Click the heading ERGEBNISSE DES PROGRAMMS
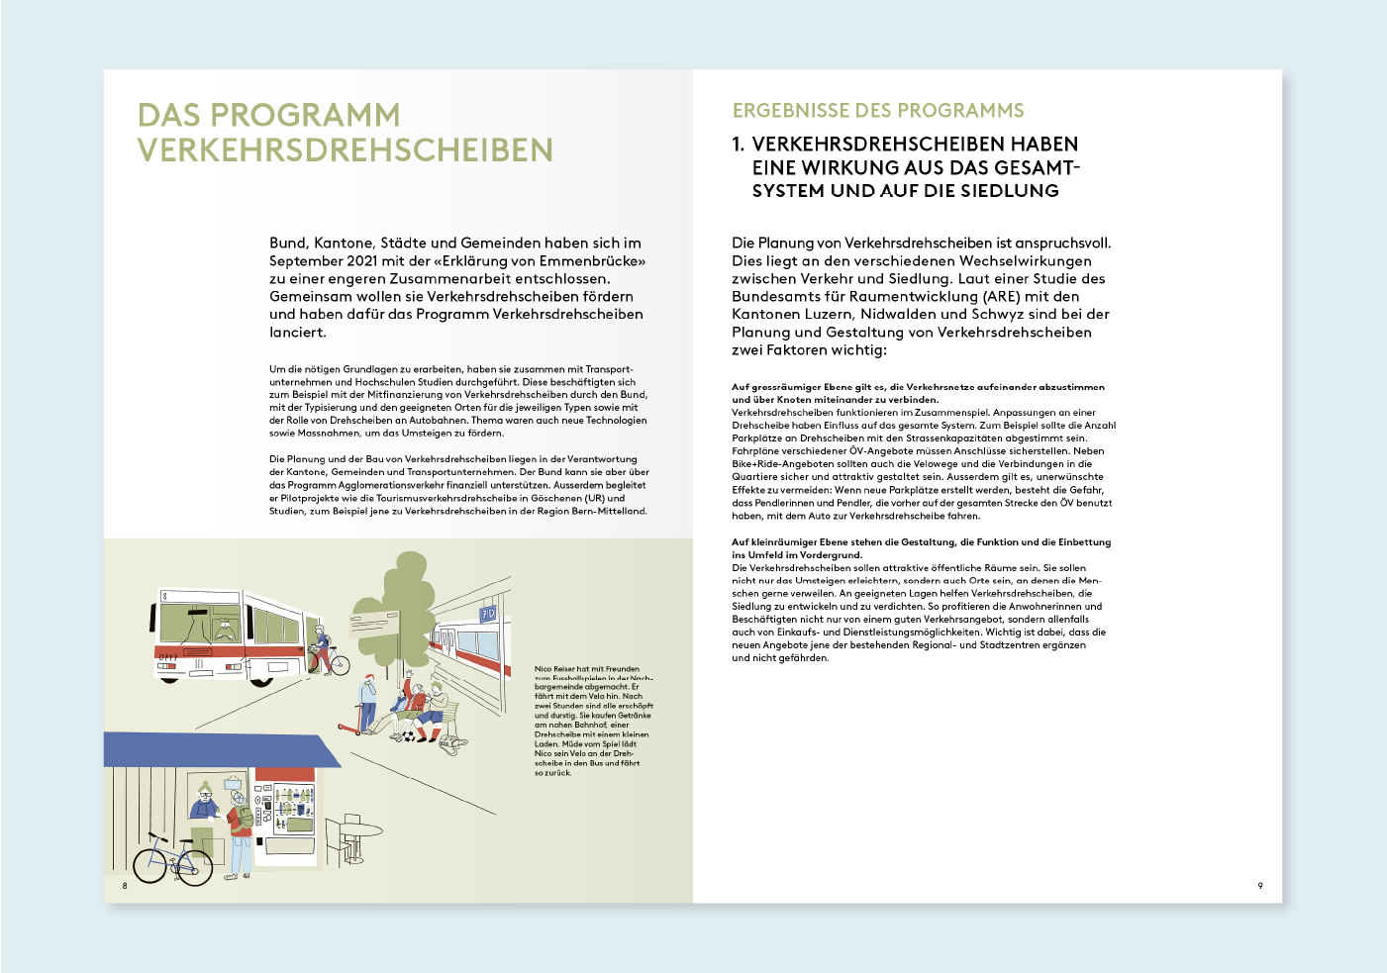coord(878,111)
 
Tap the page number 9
coord(1260,886)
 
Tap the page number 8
coord(125,886)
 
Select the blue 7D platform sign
coord(487,614)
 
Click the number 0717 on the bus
coord(167,656)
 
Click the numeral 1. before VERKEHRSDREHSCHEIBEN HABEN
coord(739,145)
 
